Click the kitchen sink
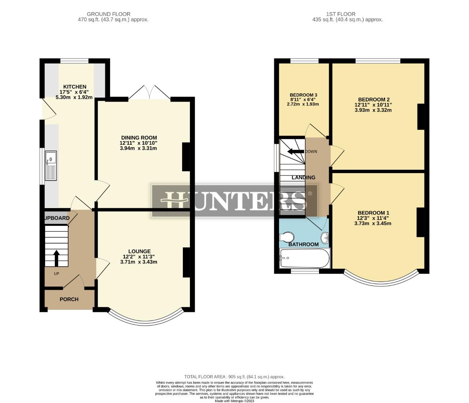(x=51, y=166)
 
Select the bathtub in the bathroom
(x=304, y=258)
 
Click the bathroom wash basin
(x=325, y=237)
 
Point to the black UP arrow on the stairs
(x=56, y=257)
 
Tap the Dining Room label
(x=139, y=138)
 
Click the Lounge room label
(x=139, y=252)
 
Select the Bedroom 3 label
(x=303, y=95)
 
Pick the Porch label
(x=69, y=299)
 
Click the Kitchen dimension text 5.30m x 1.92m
(x=74, y=97)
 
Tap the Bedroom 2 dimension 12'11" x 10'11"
(x=373, y=105)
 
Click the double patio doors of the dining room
(x=150, y=93)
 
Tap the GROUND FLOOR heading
(x=109, y=14)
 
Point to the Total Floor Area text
(x=234, y=377)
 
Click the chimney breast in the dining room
(x=186, y=157)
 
